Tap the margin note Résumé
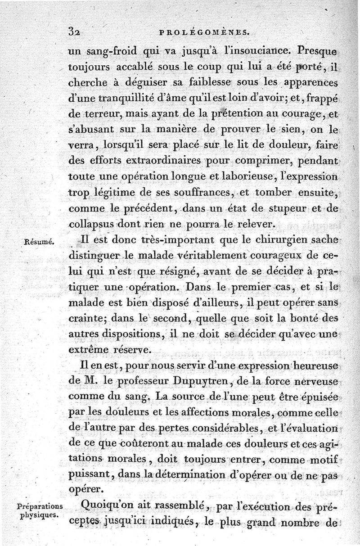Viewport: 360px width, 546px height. point(40,241)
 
